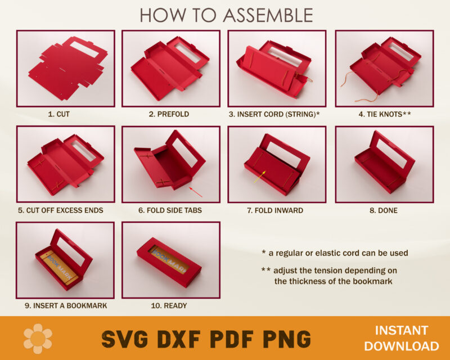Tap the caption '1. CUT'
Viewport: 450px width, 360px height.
(59, 114)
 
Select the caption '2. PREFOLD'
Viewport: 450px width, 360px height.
(169, 114)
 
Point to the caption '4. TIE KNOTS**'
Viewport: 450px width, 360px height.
(385, 114)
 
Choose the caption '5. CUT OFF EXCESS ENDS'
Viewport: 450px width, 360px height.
(60, 210)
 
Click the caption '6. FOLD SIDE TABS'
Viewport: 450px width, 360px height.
(170, 210)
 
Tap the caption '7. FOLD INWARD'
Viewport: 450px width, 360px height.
(275, 210)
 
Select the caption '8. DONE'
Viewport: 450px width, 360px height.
(384, 210)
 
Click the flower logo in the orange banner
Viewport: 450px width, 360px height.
(38, 338)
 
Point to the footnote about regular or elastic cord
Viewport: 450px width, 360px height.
(335, 253)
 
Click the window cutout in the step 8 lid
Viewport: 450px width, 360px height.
(391, 154)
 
